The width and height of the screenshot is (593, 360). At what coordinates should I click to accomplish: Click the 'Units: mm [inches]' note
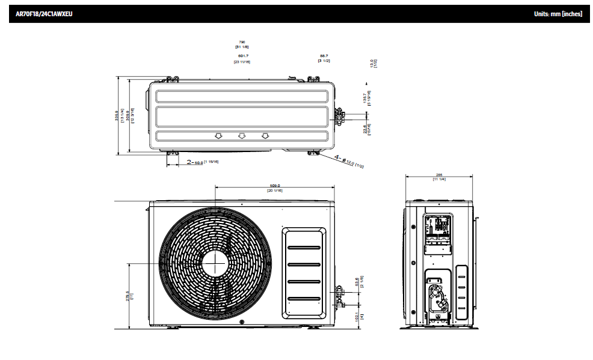[558, 13]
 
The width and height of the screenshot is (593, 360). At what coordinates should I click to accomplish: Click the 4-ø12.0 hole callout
[349, 161]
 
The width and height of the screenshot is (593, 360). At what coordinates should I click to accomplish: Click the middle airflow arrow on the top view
[241, 136]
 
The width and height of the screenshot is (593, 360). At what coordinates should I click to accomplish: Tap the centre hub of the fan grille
[214, 263]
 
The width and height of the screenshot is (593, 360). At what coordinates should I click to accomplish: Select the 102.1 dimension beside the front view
[358, 316]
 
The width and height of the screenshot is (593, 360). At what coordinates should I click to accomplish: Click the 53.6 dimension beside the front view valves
[358, 282]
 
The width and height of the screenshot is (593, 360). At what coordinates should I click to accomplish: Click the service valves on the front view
[339, 294]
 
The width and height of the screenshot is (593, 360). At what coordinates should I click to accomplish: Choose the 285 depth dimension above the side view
[438, 177]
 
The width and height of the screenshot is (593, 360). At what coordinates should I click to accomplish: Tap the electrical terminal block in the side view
[439, 227]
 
